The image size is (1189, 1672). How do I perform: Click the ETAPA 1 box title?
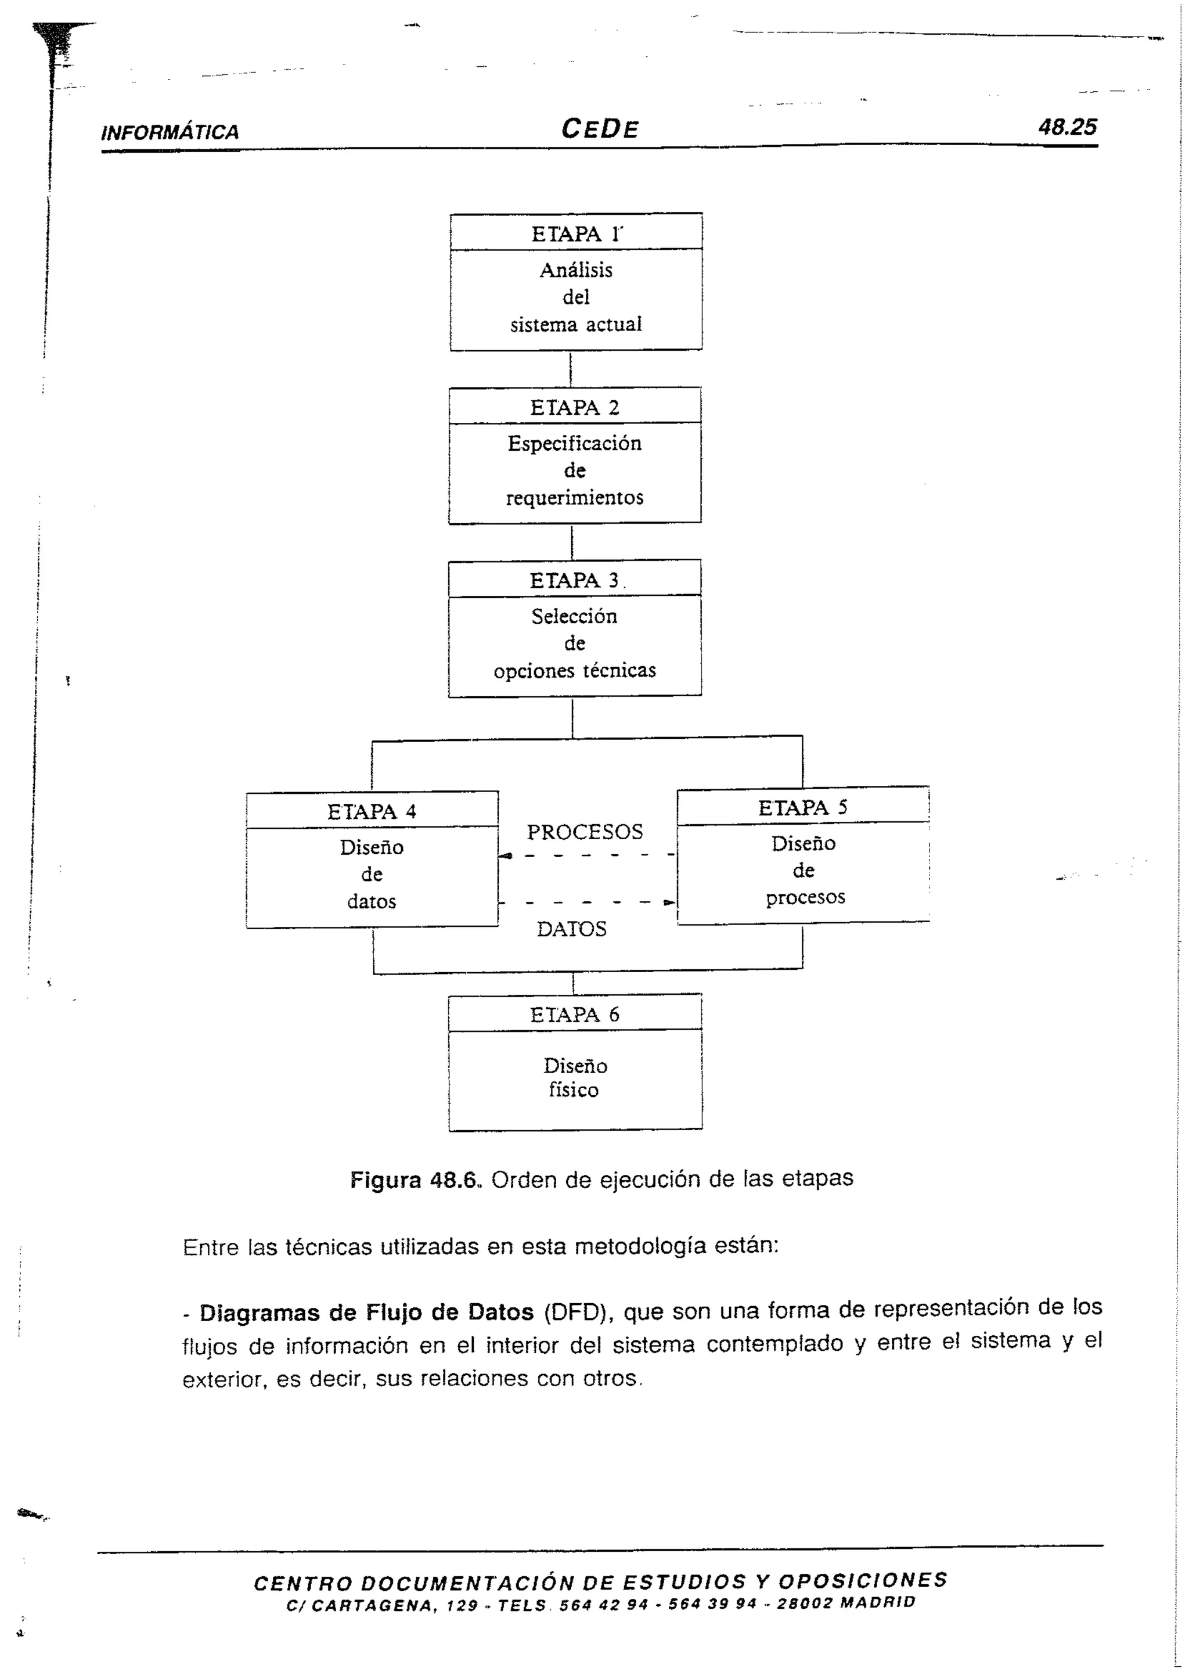576,235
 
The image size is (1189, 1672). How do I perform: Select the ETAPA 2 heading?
575,408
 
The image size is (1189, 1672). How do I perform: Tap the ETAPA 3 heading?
575,581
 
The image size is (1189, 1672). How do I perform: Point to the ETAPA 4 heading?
372,811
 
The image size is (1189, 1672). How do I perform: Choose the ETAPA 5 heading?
802,808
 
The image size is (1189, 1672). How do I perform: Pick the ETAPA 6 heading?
575,1015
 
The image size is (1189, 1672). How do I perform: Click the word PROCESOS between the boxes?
585,832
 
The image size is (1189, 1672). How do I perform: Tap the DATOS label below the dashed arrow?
572,929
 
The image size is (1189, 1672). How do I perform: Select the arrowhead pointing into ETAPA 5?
669,902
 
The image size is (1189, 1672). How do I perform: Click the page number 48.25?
1068,127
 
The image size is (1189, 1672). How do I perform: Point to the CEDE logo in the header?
600,130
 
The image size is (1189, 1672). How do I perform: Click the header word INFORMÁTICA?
170,132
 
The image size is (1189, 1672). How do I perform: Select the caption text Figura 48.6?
415,1180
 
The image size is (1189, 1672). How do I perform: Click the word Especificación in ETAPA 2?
575,443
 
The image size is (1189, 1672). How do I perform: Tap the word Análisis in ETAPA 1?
576,270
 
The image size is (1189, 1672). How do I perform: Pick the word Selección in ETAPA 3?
575,616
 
